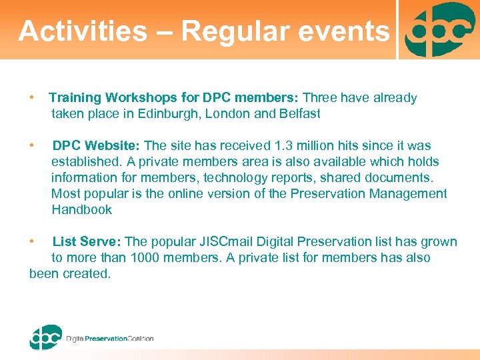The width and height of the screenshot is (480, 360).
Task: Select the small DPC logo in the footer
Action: click(x=45, y=337)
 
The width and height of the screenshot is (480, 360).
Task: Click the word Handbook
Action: click(x=81, y=209)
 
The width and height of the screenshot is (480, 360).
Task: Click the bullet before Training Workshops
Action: click(x=32, y=98)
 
